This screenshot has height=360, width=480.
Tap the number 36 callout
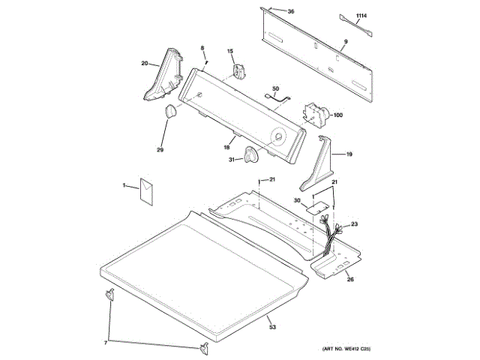292,11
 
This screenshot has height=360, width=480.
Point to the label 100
337,115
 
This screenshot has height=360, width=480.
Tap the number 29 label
160,150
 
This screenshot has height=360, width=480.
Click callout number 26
349,280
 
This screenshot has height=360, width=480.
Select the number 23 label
355,223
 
